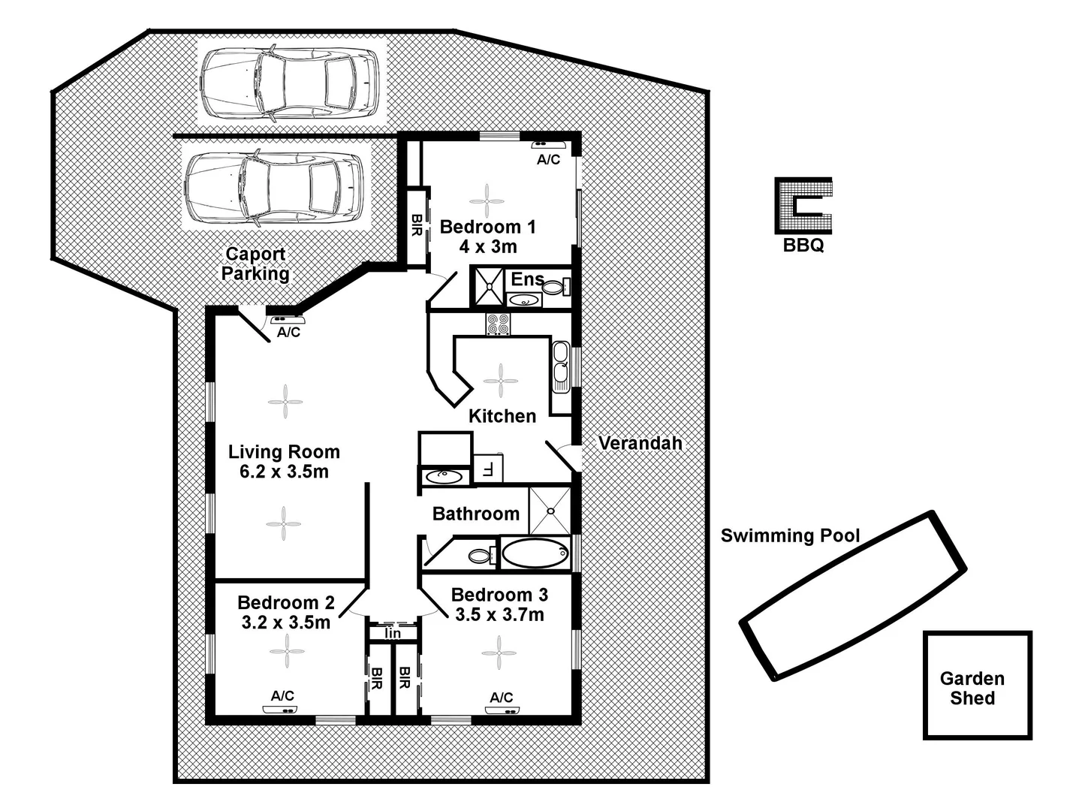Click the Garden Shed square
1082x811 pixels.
[x=977, y=686]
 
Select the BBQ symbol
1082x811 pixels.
[x=803, y=206]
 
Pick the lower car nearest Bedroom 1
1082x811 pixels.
[x=275, y=188]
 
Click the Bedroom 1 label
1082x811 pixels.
[x=488, y=227]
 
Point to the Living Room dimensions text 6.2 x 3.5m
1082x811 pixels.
[x=284, y=472]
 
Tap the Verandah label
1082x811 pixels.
[x=640, y=443]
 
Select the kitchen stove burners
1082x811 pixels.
[x=497, y=324]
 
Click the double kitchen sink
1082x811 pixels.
[x=560, y=366]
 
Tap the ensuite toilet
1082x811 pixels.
[x=556, y=287]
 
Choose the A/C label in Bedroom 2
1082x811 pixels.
[x=282, y=696]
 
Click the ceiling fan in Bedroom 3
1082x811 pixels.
[x=498, y=652]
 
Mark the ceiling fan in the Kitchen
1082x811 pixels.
[x=500, y=381]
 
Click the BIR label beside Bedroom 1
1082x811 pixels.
[x=417, y=226]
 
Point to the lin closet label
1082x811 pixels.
[x=392, y=634]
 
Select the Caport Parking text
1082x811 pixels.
[x=255, y=264]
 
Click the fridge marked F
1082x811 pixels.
[x=487, y=469]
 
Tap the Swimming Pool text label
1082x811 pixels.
[x=790, y=535]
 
